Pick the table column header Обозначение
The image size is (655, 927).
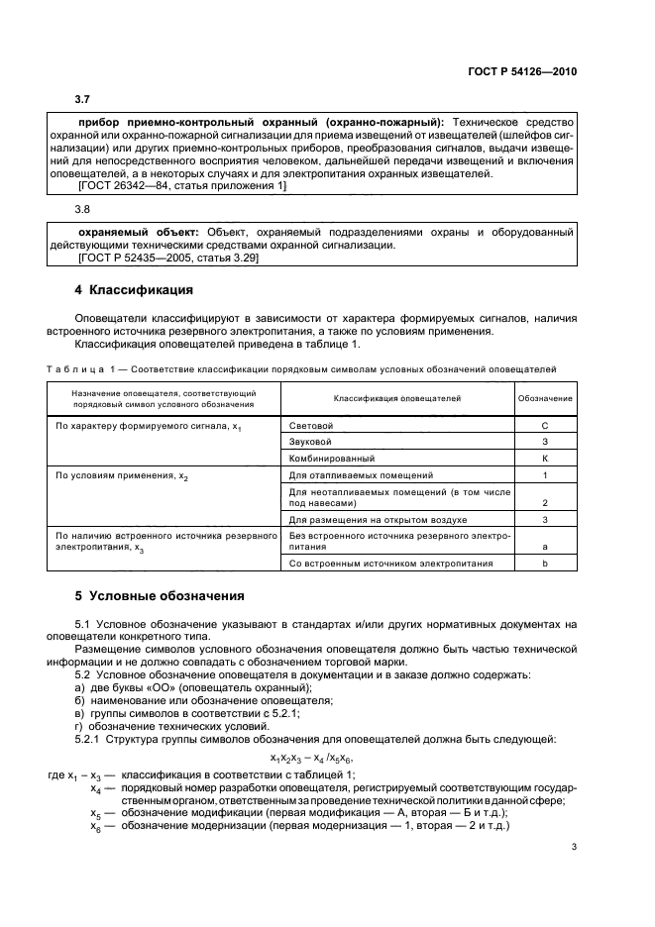[545, 397]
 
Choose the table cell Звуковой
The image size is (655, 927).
[309, 442]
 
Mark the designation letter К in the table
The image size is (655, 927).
[545, 459]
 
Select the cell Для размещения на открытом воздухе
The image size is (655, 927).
[378, 519]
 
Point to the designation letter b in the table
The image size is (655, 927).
[545, 563]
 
